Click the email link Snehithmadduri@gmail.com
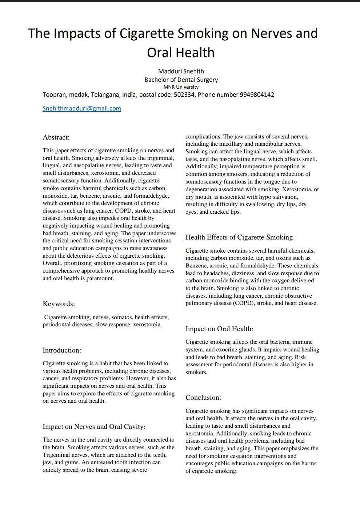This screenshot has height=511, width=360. (x=82, y=108)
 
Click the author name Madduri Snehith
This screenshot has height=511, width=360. (x=181, y=71)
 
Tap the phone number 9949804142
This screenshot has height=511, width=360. (x=257, y=94)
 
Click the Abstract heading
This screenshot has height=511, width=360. (x=56, y=137)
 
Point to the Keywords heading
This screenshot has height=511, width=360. (x=59, y=304)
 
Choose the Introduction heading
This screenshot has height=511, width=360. (x=62, y=350)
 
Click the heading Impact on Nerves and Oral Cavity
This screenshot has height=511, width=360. (x=94, y=427)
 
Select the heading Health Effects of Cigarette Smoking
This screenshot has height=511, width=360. (x=240, y=237)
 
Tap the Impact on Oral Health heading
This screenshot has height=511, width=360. (x=219, y=329)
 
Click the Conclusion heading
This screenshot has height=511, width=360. (x=203, y=398)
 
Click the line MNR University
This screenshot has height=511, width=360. (x=181, y=87)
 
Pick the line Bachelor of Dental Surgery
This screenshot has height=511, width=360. (x=181, y=80)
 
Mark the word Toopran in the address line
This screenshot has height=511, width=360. (x=54, y=94)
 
